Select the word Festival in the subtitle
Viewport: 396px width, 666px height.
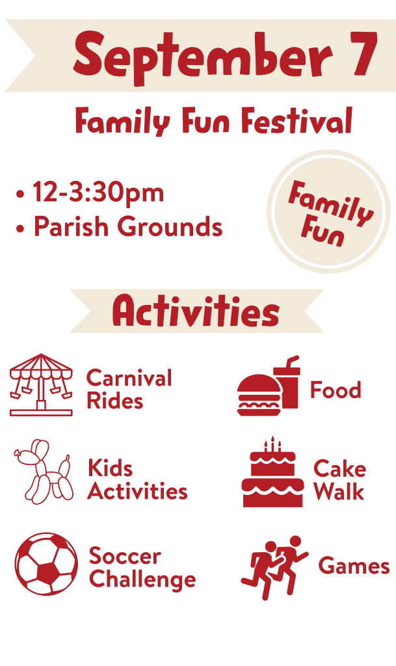coord(297,120)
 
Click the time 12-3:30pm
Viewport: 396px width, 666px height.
coord(98,193)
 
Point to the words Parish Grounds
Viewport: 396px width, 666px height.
coord(128,226)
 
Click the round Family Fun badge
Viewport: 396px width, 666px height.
coord(328,211)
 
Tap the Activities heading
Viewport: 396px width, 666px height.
coord(196,312)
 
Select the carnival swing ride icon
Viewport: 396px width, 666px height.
coord(41,384)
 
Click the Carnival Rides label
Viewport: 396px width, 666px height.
coord(129,389)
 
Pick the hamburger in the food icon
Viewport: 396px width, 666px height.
coord(259,395)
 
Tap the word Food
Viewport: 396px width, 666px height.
coord(336,390)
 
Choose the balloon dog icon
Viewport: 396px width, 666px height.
coord(43,472)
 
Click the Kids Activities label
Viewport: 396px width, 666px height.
coord(137,480)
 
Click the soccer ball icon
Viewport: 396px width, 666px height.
coord(46,564)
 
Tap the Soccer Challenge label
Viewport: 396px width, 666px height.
coord(142,568)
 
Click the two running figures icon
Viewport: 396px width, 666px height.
coord(274,567)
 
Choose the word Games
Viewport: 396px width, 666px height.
coord(354,566)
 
